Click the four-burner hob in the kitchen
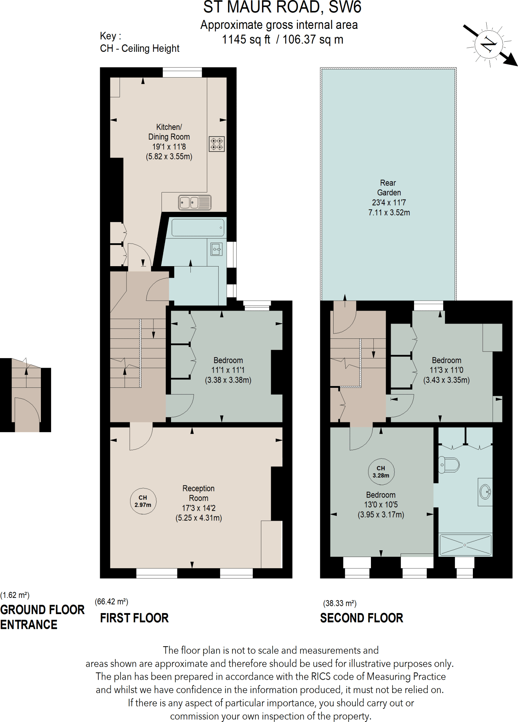pos(217,144)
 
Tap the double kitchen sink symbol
pos(194,203)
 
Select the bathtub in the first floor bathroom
pos(198,228)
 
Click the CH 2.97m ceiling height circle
pos(143,501)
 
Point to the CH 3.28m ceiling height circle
pos(381,471)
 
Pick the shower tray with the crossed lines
pos(465,545)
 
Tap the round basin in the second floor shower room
pos(486,491)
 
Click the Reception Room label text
pos(199,493)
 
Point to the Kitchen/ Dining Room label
pos(169,132)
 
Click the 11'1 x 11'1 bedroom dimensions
pos(228,370)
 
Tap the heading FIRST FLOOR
pos(134,618)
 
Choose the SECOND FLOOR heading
pos(361,618)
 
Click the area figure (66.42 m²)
pos(111,602)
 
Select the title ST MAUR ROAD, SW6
pos(282,7)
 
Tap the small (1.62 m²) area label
pos(15,595)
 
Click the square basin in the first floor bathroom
pos(217,249)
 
